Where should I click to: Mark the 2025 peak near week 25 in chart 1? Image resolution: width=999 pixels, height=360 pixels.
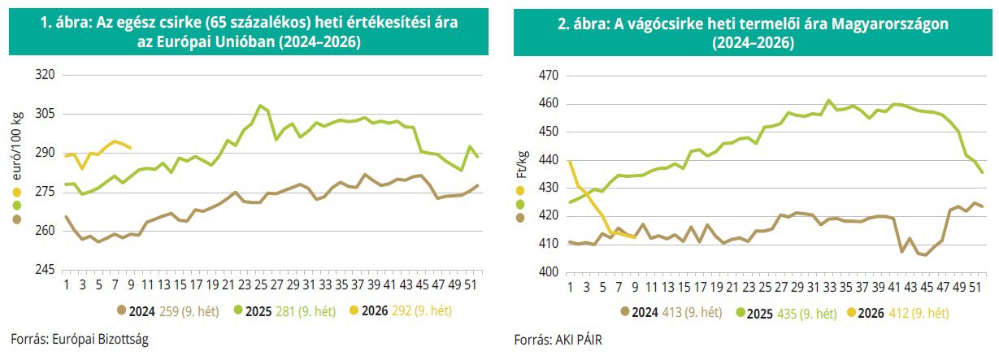pos(259,106)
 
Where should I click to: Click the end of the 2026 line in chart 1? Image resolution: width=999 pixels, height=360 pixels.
pos(130,148)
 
